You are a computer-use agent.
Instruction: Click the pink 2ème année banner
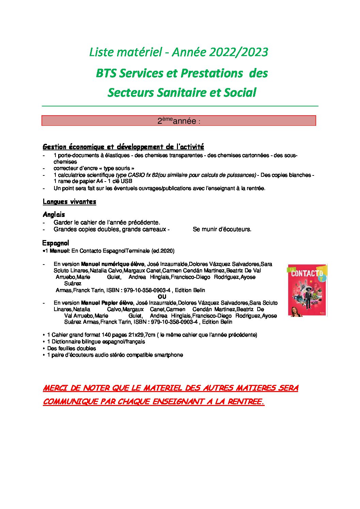pos(179,121)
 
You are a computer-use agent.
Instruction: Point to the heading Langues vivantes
pos(69,202)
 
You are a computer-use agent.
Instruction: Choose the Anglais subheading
pos(54,215)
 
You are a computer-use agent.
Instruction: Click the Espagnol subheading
pos(55,243)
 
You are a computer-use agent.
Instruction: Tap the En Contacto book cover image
pos(307,291)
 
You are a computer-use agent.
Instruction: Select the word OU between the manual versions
pos(162,296)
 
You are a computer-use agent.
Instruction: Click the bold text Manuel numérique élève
pos(113,264)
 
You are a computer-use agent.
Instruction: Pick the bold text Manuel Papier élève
pos(107,303)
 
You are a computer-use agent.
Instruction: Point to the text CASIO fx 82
pos(143,175)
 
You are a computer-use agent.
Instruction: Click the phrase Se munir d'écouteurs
pos(222,229)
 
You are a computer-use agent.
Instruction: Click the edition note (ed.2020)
pos(163,251)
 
